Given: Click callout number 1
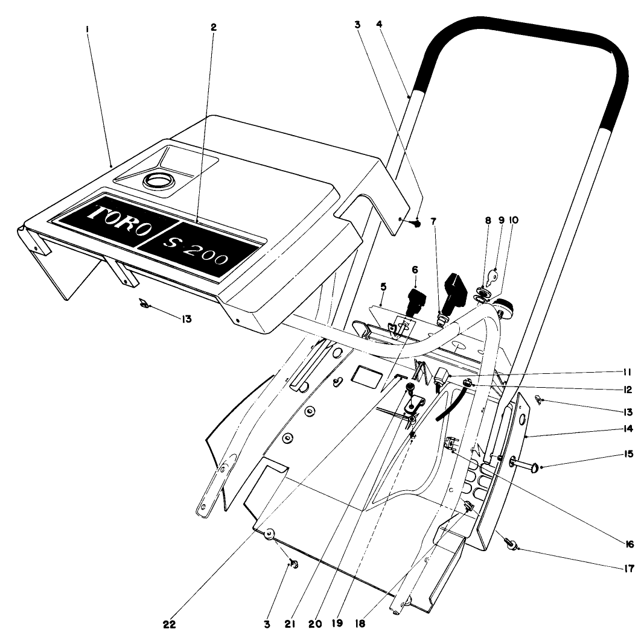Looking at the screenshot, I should [x=88, y=28].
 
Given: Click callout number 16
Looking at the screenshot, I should [x=630, y=543].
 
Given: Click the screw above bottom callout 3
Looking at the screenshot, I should [x=294, y=564].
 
